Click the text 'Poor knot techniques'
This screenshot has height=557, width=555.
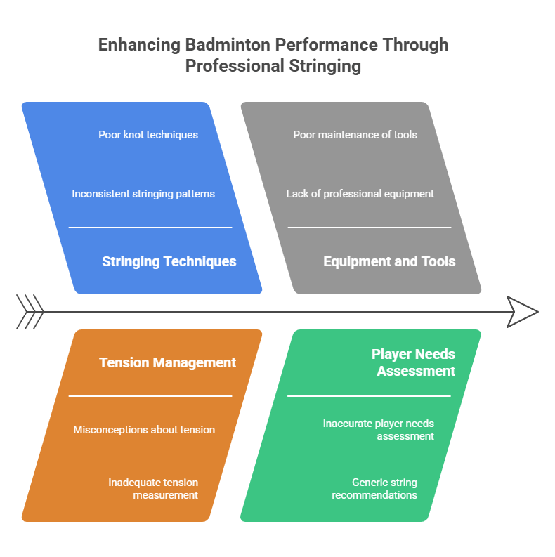point(148,134)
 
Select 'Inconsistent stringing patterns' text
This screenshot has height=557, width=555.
point(143,193)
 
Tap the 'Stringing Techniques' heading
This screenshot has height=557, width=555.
point(169,261)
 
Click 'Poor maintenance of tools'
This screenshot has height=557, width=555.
point(355,134)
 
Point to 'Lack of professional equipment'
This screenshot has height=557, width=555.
point(360,193)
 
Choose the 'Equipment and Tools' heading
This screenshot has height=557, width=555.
point(389,261)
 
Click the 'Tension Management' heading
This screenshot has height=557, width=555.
point(167,362)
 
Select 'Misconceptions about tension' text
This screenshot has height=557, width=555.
point(144,429)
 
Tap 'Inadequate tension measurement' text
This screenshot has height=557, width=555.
point(153,488)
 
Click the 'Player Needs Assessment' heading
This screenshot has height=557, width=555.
point(414,362)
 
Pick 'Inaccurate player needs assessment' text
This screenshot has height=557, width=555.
point(378,429)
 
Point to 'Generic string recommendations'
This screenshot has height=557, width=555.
point(374,488)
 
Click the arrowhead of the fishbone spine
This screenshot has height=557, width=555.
point(522,311)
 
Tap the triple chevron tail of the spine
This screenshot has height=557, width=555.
point(30,311)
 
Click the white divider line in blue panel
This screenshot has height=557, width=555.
point(150,228)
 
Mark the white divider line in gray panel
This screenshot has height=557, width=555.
point(369,228)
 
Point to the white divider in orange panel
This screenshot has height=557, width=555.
point(150,396)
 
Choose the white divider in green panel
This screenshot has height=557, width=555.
point(369,396)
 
